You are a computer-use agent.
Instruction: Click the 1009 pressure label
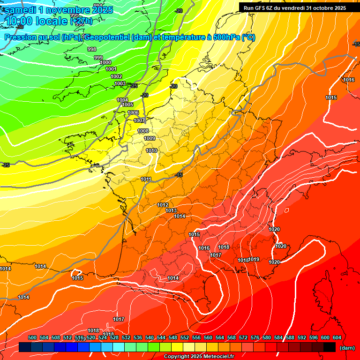150,138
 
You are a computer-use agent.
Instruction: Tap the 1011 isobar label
146,179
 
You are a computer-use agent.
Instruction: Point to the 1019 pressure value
254,259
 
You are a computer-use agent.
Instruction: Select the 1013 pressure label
171,210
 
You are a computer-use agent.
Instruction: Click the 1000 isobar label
105,62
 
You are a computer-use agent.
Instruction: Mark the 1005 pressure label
127,105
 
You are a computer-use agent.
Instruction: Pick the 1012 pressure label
163,205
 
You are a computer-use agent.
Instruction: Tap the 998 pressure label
92,49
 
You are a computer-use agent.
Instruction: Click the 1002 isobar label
116,76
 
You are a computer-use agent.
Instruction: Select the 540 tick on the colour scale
150,337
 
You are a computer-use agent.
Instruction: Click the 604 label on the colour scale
337,337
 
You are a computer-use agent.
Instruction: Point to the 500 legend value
32,337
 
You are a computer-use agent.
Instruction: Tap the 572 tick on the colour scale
243,337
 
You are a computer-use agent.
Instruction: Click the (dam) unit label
347,347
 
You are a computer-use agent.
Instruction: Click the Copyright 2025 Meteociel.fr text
199,357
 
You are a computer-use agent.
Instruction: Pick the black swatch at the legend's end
330,347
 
